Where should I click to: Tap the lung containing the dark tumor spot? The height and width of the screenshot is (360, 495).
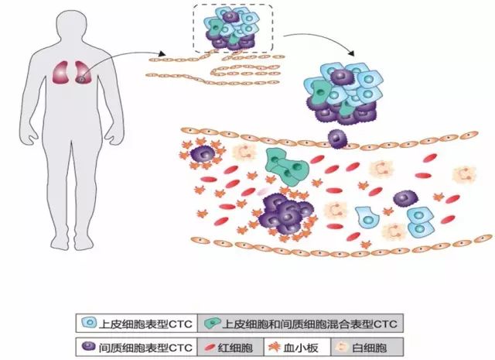click(x=81, y=74)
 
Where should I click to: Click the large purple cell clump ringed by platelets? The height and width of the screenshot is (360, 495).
click(x=285, y=214)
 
